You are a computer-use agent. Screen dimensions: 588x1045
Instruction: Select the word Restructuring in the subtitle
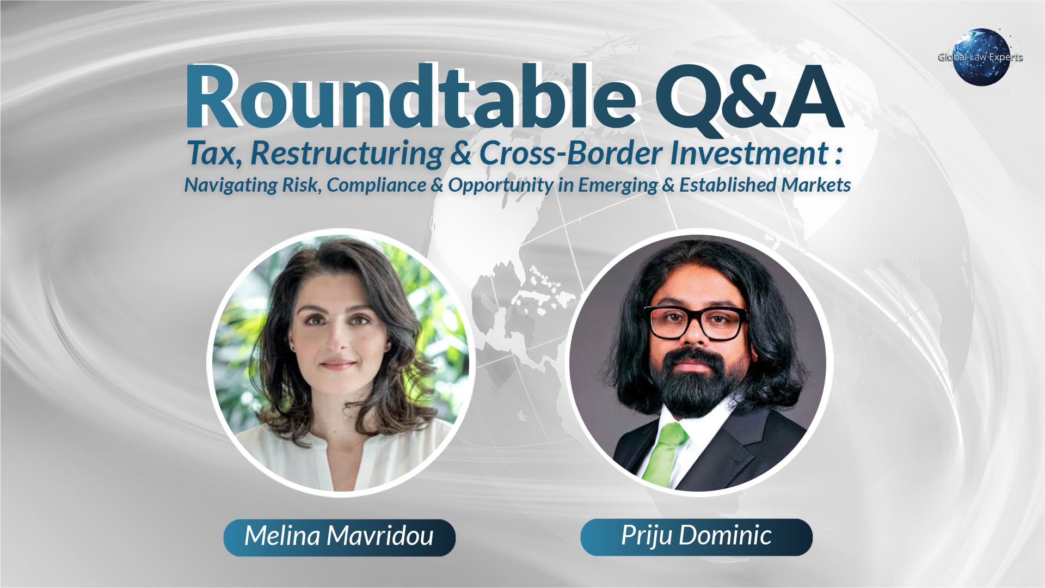(346, 154)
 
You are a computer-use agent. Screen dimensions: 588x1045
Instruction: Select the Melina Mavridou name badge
(339, 537)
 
